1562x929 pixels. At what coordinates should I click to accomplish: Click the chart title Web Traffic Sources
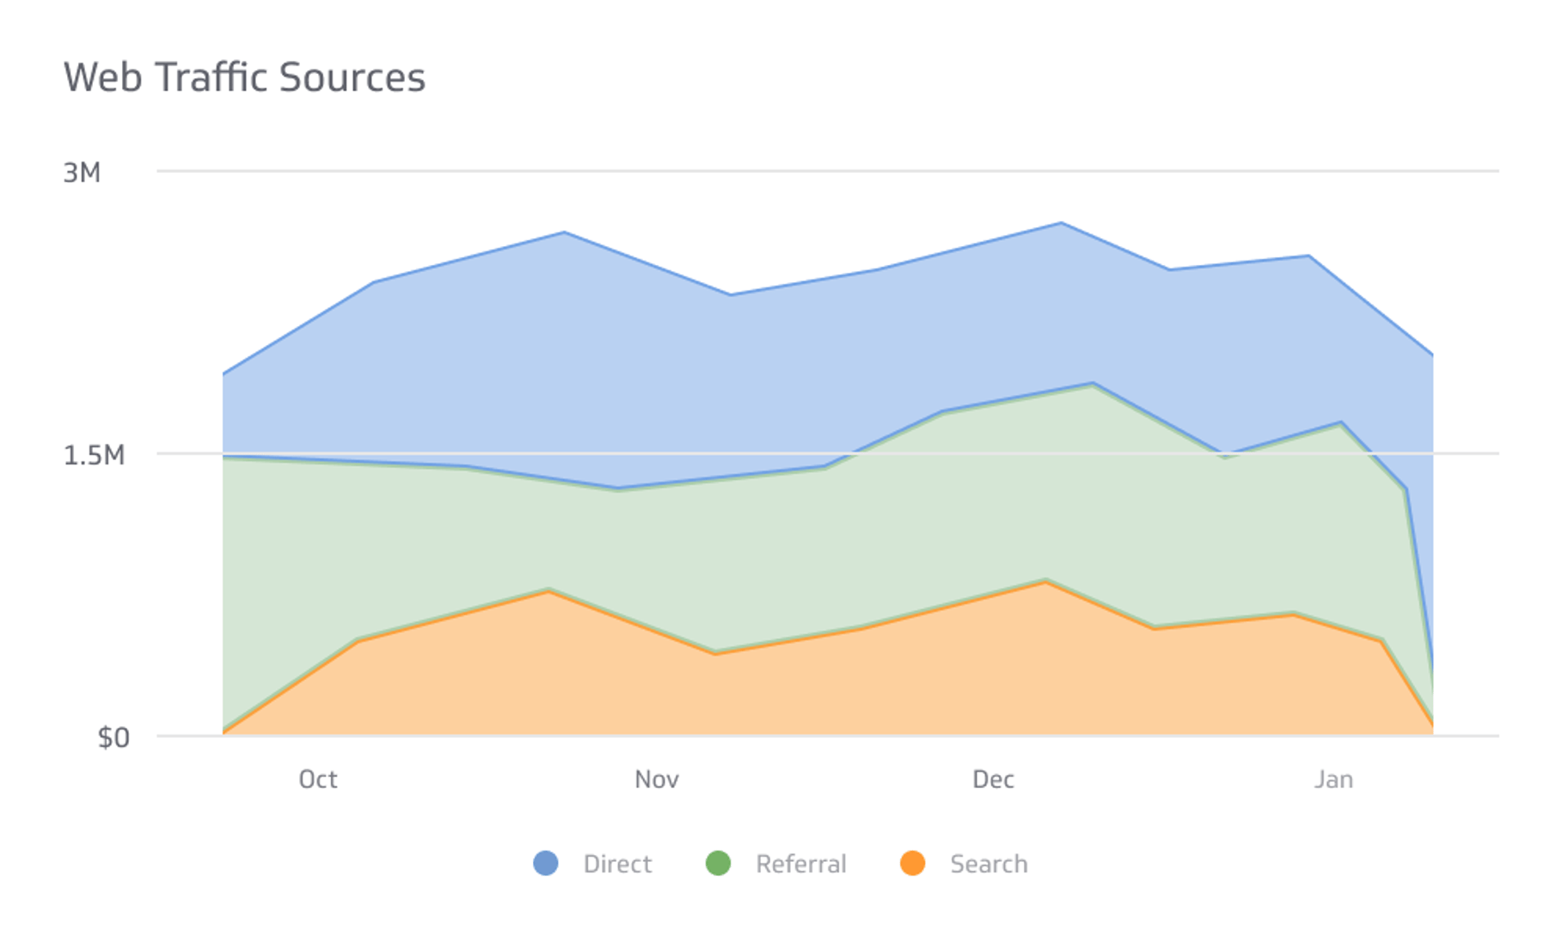point(244,77)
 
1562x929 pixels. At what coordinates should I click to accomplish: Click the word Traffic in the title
point(210,77)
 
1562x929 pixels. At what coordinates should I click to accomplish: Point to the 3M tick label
point(82,173)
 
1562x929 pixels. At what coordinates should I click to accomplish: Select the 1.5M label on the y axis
point(94,455)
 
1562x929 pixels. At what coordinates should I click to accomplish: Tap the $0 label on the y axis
point(113,737)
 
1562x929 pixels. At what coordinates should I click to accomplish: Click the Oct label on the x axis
point(317,779)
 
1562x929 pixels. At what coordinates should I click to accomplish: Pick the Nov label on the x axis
point(657,779)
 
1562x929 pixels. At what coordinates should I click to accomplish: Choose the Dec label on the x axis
point(993,779)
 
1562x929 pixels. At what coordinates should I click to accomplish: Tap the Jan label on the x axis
point(1333,779)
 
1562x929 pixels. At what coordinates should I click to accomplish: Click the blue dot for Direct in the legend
point(546,863)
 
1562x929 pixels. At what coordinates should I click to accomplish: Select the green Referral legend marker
point(718,863)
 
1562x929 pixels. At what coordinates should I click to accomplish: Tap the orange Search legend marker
point(912,863)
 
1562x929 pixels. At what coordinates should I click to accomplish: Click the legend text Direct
point(617,864)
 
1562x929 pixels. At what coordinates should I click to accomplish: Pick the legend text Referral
point(800,864)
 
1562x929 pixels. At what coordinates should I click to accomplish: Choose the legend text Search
point(989,864)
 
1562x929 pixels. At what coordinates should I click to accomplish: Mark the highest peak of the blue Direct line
point(1062,224)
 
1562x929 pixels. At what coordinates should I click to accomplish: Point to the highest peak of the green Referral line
point(1093,384)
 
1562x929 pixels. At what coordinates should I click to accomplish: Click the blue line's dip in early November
point(731,295)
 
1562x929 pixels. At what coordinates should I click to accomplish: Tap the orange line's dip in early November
point(714,654)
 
